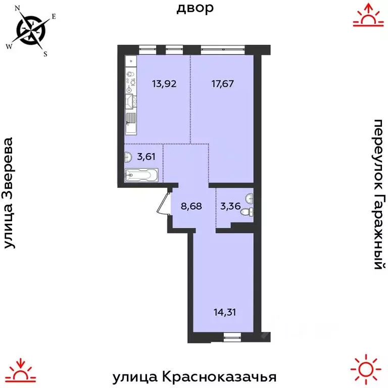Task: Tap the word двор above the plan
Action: tap(195, 8)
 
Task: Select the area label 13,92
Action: tap(164, 84)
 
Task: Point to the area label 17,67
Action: tap(223, 84)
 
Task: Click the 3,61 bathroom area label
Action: tap(146, 156)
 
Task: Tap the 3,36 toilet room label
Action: tap(227, 206)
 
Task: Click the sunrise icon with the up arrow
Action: tap(366, 15)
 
